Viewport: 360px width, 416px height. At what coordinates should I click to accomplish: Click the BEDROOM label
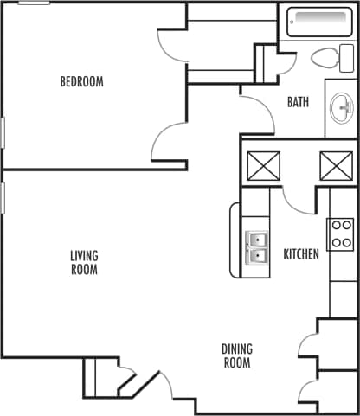coord(81,82)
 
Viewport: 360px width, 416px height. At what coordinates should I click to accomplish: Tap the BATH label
coord(298,102)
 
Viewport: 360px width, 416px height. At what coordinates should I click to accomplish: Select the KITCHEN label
coord(301,254)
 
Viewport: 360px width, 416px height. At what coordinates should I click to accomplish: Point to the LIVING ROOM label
coord(84,262)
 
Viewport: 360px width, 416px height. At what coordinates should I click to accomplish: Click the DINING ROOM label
coord(236,356)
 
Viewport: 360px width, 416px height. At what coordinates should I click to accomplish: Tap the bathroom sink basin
coord(342,109)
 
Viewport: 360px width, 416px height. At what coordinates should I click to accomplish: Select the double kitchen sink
coord(257,247)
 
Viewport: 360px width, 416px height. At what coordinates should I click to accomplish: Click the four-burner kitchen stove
coord(338,234)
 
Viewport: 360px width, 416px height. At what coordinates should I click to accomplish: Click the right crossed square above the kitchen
coord(335,164)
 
